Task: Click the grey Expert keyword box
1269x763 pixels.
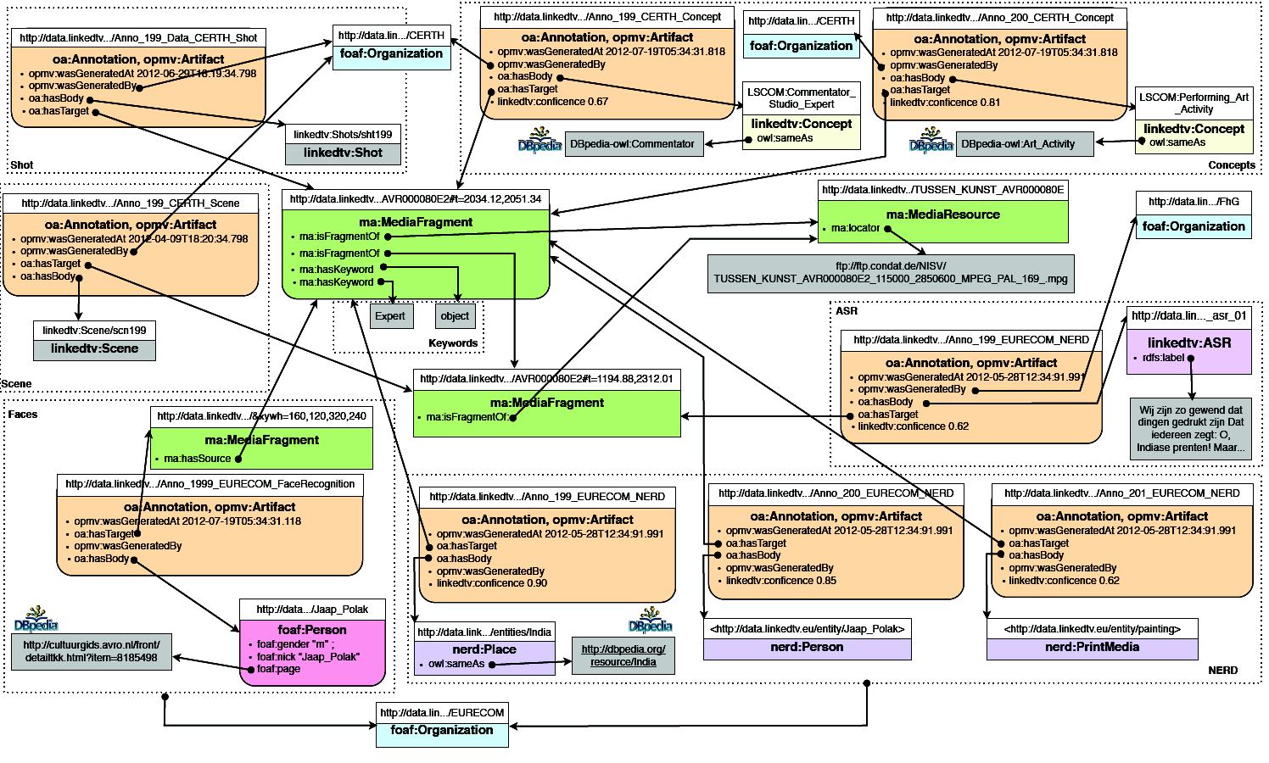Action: click(390, 316)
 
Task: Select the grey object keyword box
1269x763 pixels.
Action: click(455, 316)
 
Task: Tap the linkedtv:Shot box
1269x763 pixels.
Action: click(343, 153)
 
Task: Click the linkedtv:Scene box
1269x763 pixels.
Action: click(94, 348)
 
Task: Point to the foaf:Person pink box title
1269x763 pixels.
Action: click(312, 630)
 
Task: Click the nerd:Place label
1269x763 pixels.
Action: click(484, 649)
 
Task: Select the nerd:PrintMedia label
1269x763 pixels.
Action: click(1092, 647)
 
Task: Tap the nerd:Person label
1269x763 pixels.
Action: click(807, 647)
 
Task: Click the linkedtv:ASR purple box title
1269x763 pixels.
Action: click(1188, 343)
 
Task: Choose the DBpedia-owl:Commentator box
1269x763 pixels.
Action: click(632, 144)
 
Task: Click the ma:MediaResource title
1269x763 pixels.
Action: click(942, 214)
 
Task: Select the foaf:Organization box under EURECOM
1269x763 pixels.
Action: click(441, 730)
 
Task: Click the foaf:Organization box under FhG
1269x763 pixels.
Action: click(1194, 226)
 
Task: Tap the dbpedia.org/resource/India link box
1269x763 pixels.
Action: click(623, 655)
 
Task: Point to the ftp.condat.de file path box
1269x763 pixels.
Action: click(890, 273)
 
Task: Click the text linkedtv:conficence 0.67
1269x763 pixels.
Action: click(552, 102)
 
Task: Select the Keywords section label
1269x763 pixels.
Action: click(453, 343)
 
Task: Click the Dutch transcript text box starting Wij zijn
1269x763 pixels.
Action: click(1190, 428)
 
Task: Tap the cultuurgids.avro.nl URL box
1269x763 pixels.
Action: click(91, 651)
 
